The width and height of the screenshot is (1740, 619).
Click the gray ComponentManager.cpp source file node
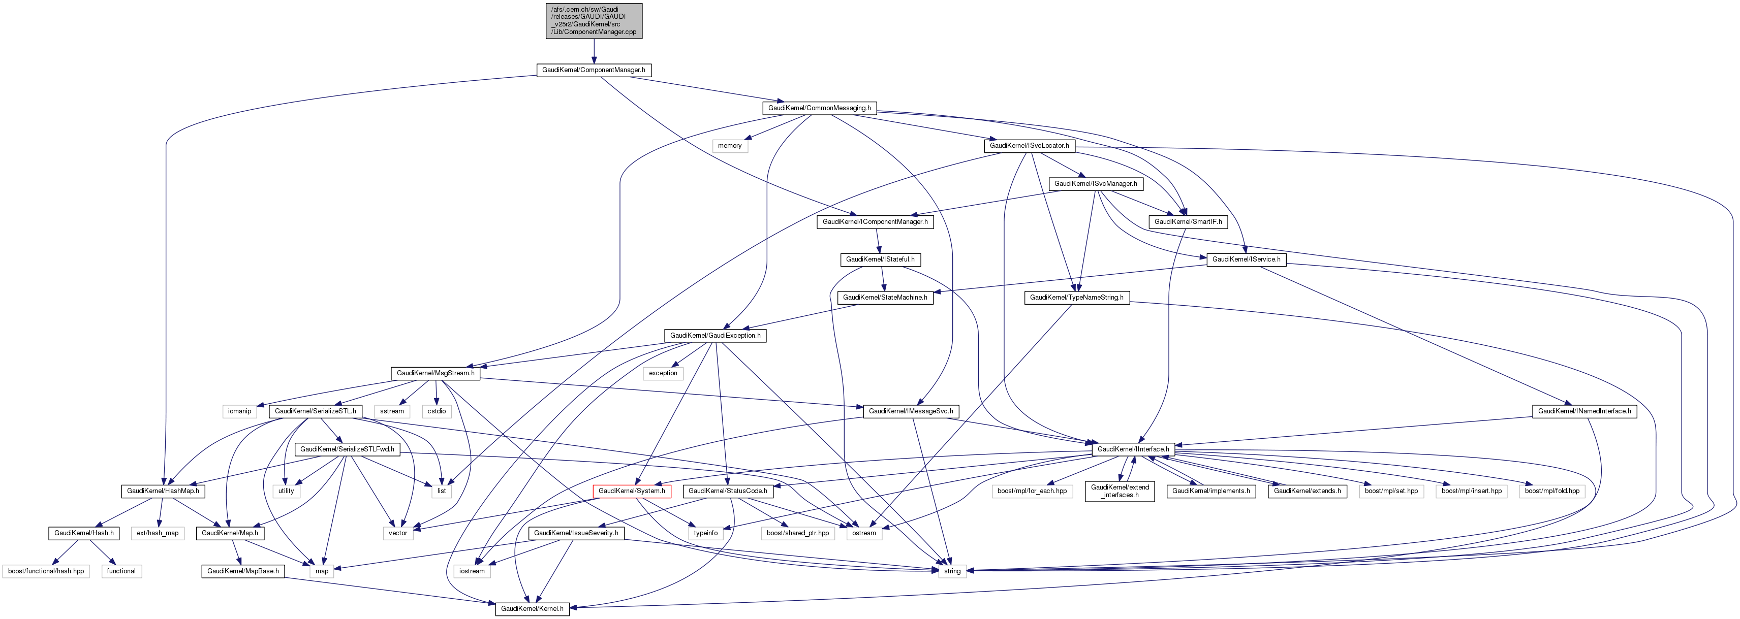(594, 21)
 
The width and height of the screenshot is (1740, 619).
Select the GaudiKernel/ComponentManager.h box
(593, 70)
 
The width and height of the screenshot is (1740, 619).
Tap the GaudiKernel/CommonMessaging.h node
(819, 108)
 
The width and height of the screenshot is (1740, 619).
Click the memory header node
(730, 146)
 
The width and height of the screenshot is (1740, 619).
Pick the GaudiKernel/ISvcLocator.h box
(1029, 146)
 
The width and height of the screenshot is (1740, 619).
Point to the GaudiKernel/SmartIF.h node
(1188, 221)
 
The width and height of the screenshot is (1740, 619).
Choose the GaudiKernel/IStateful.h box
(880, 259)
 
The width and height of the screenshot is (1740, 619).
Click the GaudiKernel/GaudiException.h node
(714, 336)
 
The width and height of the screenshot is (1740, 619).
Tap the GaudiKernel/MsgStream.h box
(435, 373)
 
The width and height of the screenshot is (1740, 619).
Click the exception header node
(663, 373)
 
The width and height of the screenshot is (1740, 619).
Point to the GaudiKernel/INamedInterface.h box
(1584, 411)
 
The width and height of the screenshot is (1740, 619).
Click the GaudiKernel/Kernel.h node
(532, 609)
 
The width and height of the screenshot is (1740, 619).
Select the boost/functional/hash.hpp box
(46, 571)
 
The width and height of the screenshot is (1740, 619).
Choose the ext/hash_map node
(158, 533)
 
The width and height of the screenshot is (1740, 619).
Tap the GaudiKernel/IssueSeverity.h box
(575, 533)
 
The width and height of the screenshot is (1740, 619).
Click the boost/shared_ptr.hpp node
(798, 533)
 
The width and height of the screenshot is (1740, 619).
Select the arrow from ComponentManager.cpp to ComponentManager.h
(594, 51)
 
